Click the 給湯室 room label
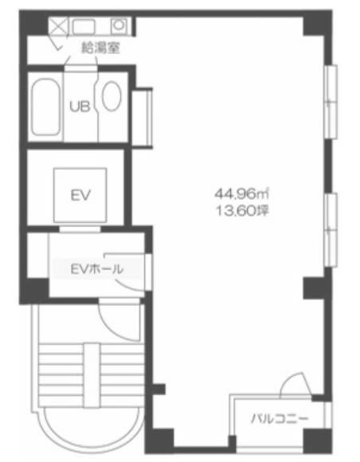tap(101, 48)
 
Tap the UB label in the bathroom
tap(80, 106)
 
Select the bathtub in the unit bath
tap(45, 108)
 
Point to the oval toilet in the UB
tap(112, 96)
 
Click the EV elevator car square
tap(80, 195)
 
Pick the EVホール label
tap(97, 269)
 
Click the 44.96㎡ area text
tap(241, 194)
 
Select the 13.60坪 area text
tap(242, 210)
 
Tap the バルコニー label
tap(280, 419)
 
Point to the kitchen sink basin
tap(84, 27)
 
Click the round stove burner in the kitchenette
tap(119, 25)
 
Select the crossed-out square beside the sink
tap(57, 26)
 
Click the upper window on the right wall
tap(331, 102)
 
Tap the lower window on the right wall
tap(331, 230)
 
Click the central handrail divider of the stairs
tap(92, 375)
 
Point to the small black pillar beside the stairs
tap(158, 389)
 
